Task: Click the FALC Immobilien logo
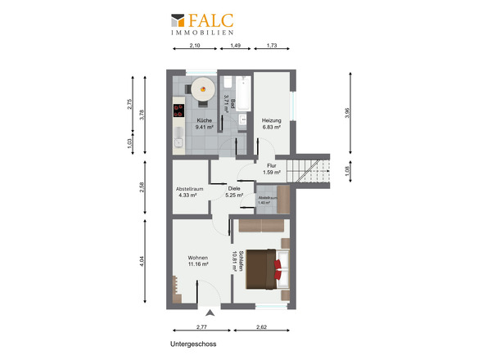[x=202, y=24]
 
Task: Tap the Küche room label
[x=204, y=120]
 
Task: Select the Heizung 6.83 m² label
[x=271, y=124]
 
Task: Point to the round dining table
[x=203, y=89]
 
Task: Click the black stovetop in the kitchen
[x=178, y=111]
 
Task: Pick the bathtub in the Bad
[x=243, y=93]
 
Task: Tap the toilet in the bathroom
[x=228, y=82]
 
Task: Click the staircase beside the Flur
[x=308, y=171]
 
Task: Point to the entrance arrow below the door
[x=210, y=313]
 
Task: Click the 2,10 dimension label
[x=195, y=45]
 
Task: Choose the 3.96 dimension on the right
[x=347, y=113]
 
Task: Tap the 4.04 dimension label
[x=142, y=262]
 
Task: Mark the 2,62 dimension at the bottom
[x=261, y=327]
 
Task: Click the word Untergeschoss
[x=193, y=344]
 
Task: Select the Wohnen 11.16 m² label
[x=198, y=261]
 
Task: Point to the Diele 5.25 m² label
[x=234, y=191]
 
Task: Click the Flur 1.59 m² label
[x=271, y=169]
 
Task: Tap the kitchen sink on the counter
[x=178, y=143]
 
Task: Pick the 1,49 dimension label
[x=235, y=45]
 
